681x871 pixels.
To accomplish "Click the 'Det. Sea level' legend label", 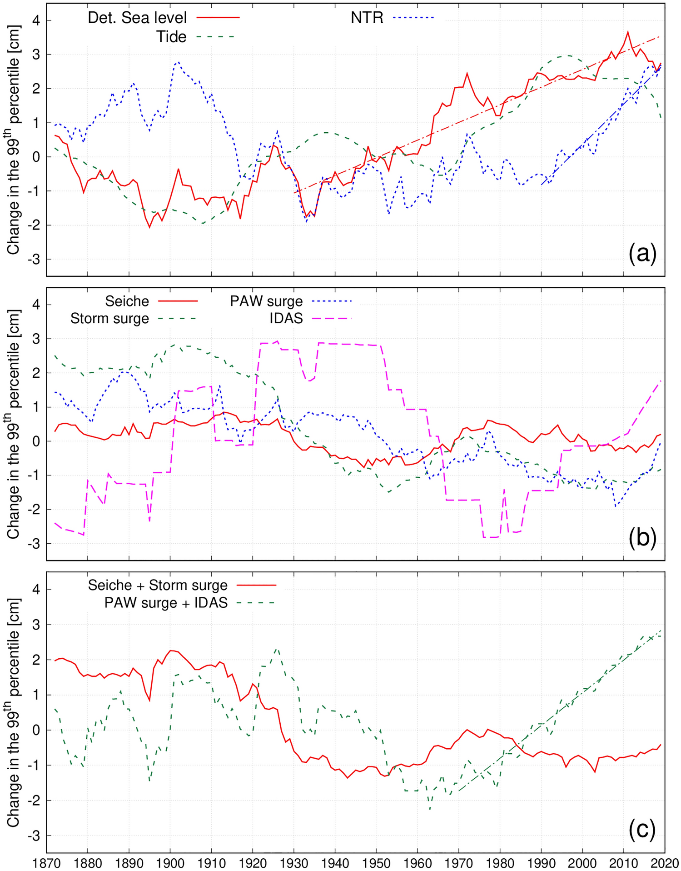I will pos(137,18).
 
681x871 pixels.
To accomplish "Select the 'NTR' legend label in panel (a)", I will pos(367,18).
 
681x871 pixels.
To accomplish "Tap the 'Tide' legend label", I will pos(171,36).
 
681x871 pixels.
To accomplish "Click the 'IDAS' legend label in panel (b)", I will pos(286,318).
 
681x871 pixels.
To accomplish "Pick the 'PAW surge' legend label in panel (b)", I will pos(266,301).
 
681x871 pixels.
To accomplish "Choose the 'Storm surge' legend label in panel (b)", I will pos(109,318).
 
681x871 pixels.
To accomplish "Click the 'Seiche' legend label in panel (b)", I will pos(127,301).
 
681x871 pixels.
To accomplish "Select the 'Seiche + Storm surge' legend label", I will pos(158,585).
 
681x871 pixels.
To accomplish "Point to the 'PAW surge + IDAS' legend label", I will pos(166,603).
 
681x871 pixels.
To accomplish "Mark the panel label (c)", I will pos(642,829).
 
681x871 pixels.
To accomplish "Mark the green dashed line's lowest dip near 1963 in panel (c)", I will pos(430,809).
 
